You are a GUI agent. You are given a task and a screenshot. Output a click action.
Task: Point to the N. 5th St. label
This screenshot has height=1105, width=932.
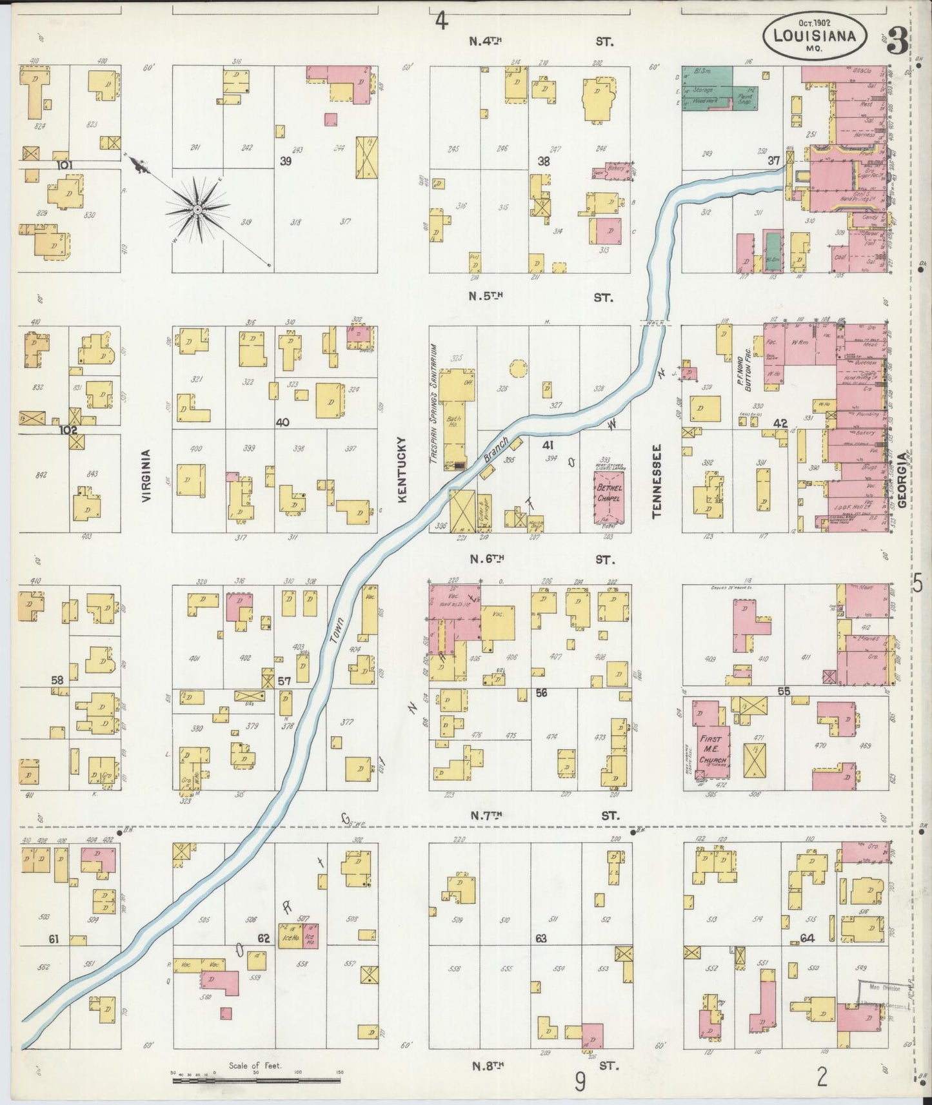[541, 297]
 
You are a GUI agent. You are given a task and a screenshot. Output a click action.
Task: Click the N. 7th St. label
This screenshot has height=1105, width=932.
[541, 816]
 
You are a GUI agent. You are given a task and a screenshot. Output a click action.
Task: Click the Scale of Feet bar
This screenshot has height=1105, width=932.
[258, 1079]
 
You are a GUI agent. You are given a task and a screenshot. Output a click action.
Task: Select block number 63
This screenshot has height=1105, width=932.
[540, 938]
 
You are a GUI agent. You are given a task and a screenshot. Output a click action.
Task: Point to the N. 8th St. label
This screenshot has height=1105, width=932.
[541, 1066]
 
